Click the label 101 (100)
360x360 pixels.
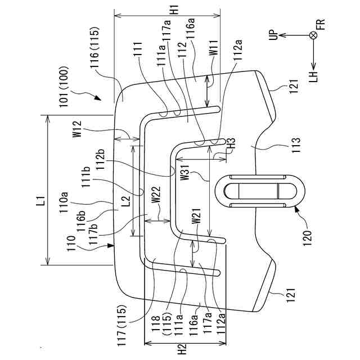click(x=64, y=87)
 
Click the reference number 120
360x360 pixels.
click(x=308, y=237)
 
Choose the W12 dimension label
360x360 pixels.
click(x=78, y=129)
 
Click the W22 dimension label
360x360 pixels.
click(x=156, y=194)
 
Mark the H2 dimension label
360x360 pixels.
click(x=183, y=349)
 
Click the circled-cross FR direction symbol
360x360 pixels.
click(x=313, y=35)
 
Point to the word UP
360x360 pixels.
click(x=274, y=35)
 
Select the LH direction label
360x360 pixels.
click(x=313, y=76)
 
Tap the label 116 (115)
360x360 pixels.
click(x=94, y=47)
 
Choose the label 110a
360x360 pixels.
click(x=64, y=202)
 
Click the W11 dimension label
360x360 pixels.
click(x=214, y=47)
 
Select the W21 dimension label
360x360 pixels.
click(x=196, y=215)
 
